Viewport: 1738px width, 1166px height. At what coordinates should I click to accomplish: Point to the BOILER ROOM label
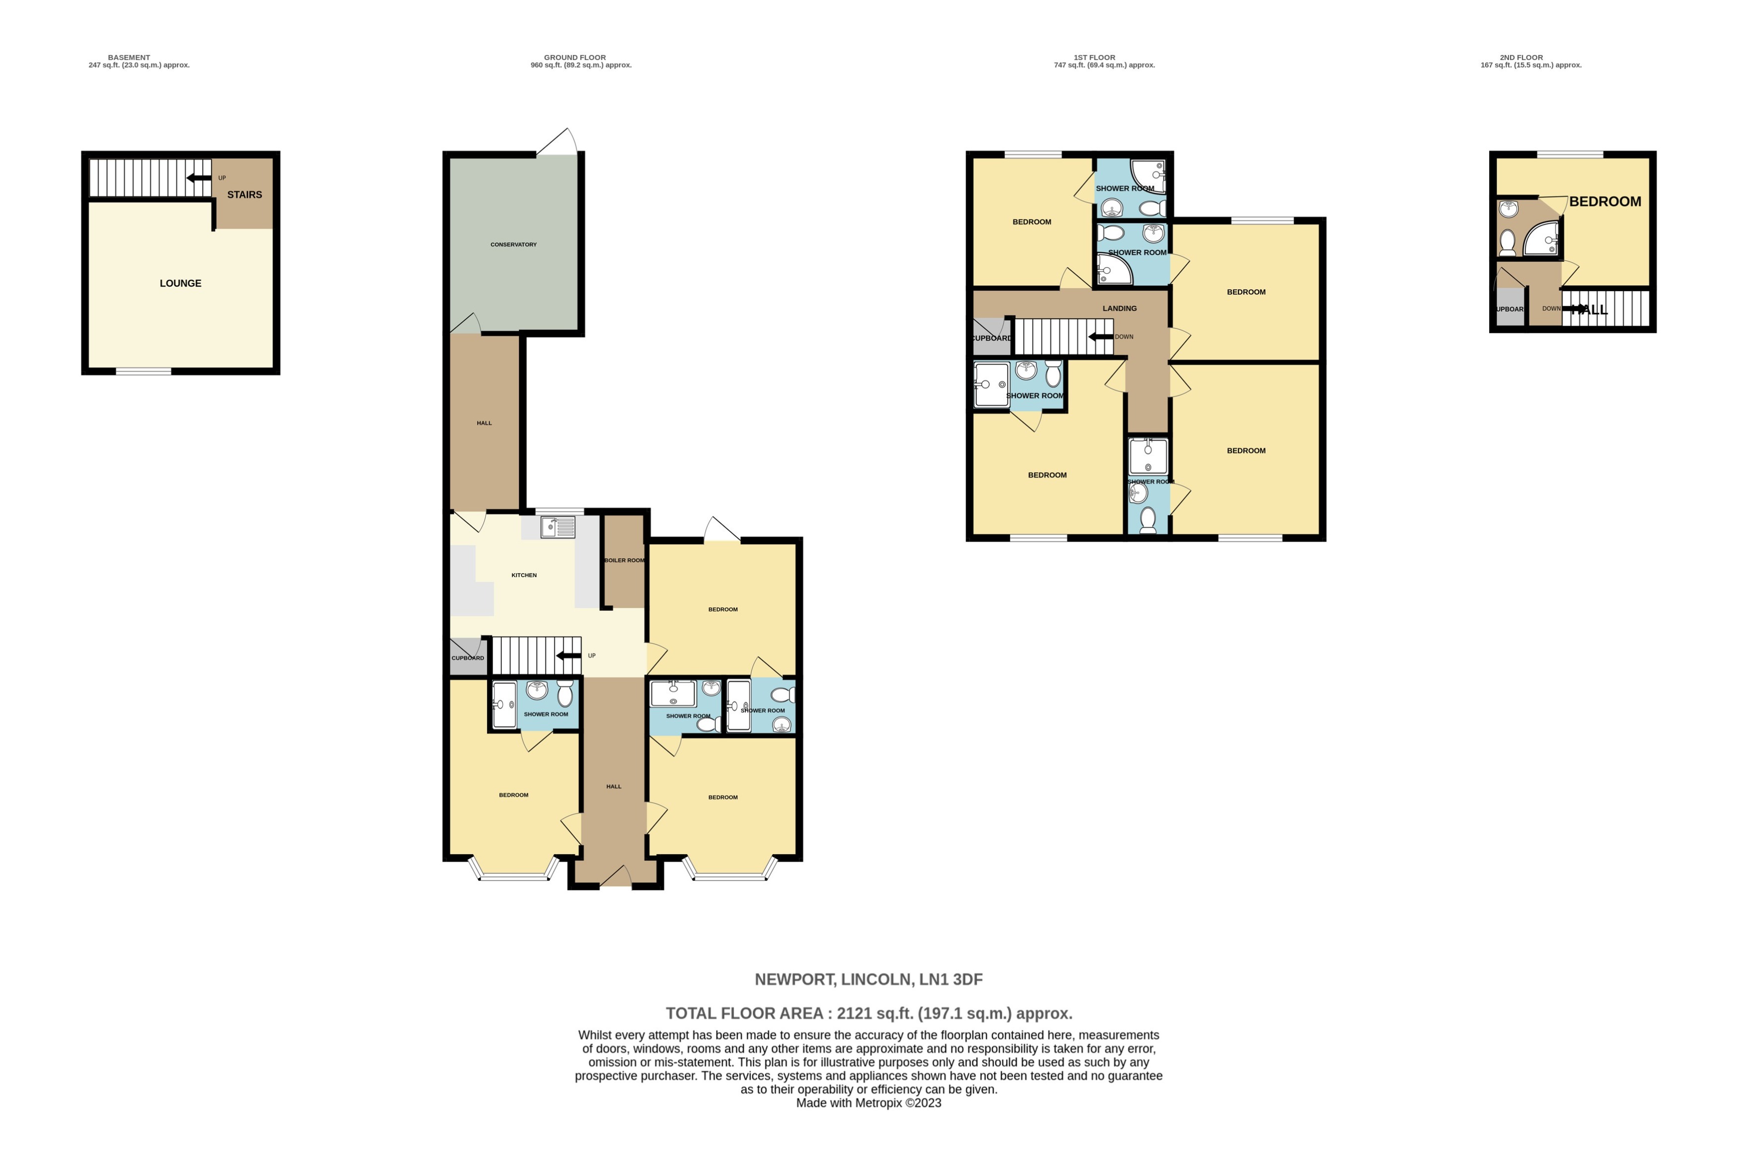624,561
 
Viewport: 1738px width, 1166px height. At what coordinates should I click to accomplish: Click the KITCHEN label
523,576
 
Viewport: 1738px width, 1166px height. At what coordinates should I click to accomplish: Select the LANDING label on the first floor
1119,308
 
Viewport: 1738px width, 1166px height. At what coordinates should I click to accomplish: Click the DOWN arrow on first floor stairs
1100,337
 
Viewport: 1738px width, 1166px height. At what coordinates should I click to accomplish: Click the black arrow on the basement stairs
199,178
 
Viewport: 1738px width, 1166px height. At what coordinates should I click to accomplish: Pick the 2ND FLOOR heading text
1521,57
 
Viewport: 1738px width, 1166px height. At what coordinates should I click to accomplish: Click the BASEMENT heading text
129,57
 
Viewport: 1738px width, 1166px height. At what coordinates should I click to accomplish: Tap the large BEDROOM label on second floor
1604,202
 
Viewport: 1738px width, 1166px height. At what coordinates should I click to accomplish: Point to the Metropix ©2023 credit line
869,1103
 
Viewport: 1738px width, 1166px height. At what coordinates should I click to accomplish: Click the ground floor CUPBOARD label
468,658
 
